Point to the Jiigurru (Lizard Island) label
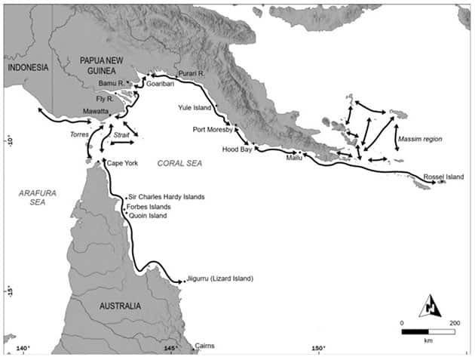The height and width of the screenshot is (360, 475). (x=219, y=278)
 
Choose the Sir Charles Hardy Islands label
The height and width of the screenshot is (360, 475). (x=167, y=197)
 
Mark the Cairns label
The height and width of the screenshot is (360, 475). (x=204, y=346)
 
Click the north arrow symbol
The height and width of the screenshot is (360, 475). (x=429, y=305)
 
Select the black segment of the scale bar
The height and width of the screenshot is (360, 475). (x=415, y=331)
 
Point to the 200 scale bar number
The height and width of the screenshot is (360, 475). (x=454, y=322)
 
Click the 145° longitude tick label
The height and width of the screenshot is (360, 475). (x=171, y=348)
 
